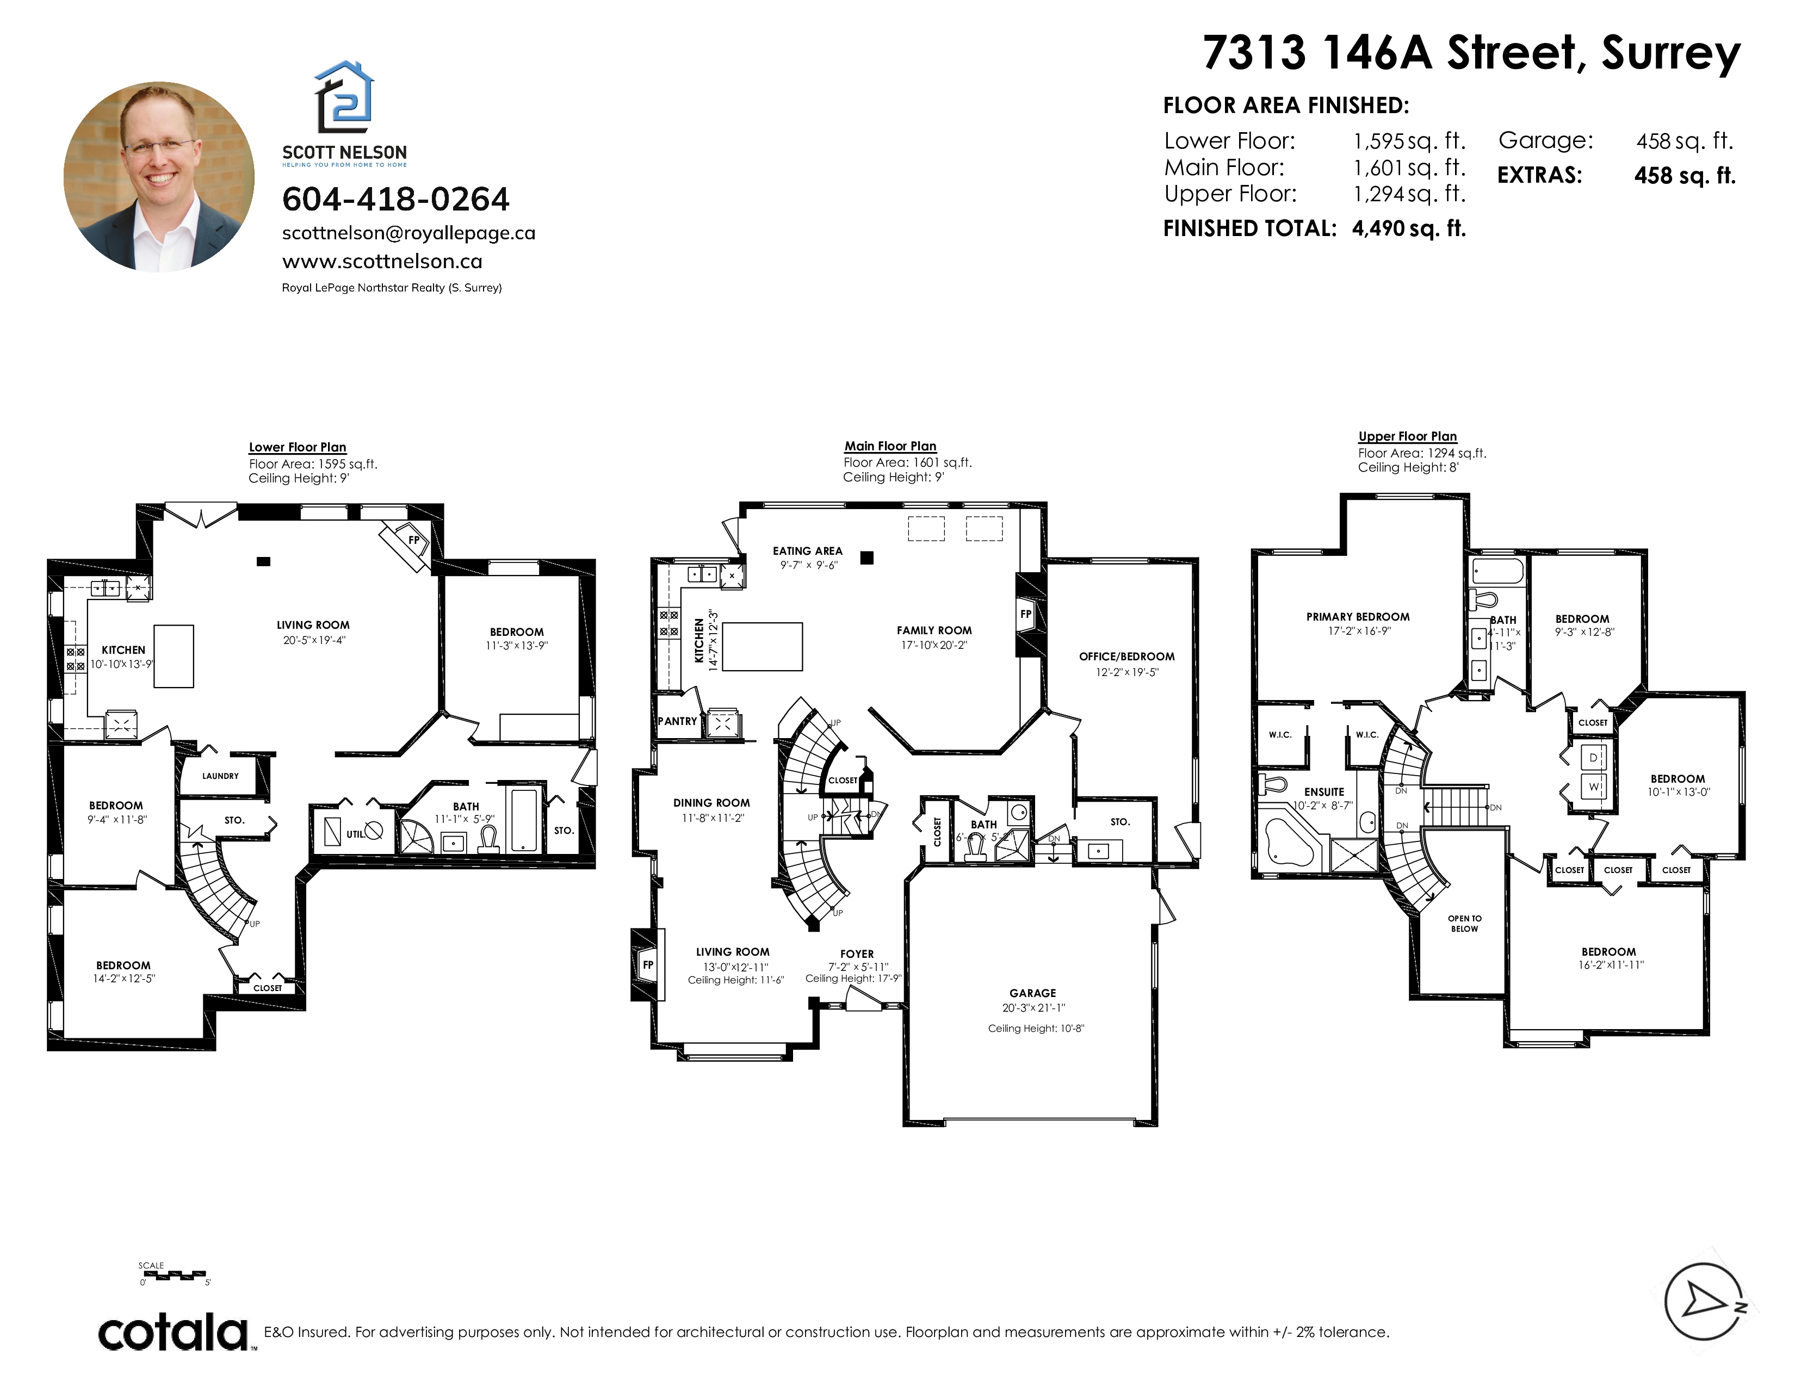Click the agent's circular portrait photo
tap(159, 177)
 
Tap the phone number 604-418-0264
tap(395, 199)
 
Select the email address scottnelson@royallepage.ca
tap(408, 233)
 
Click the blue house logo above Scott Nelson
tap(344, 97)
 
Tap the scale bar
tap(174, 1276)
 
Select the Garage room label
tap(1033, 993)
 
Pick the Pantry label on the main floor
tap(677, 721)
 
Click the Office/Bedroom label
tap(1127, 657)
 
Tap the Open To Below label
tap(1465, 924)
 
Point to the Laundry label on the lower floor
tap(220, 776)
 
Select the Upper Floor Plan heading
tap(1407, 436)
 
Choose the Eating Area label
tap(807, 550)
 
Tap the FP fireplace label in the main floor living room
tap(648, 965)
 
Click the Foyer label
tap(857, 954)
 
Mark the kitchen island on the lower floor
tap(174, 656)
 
